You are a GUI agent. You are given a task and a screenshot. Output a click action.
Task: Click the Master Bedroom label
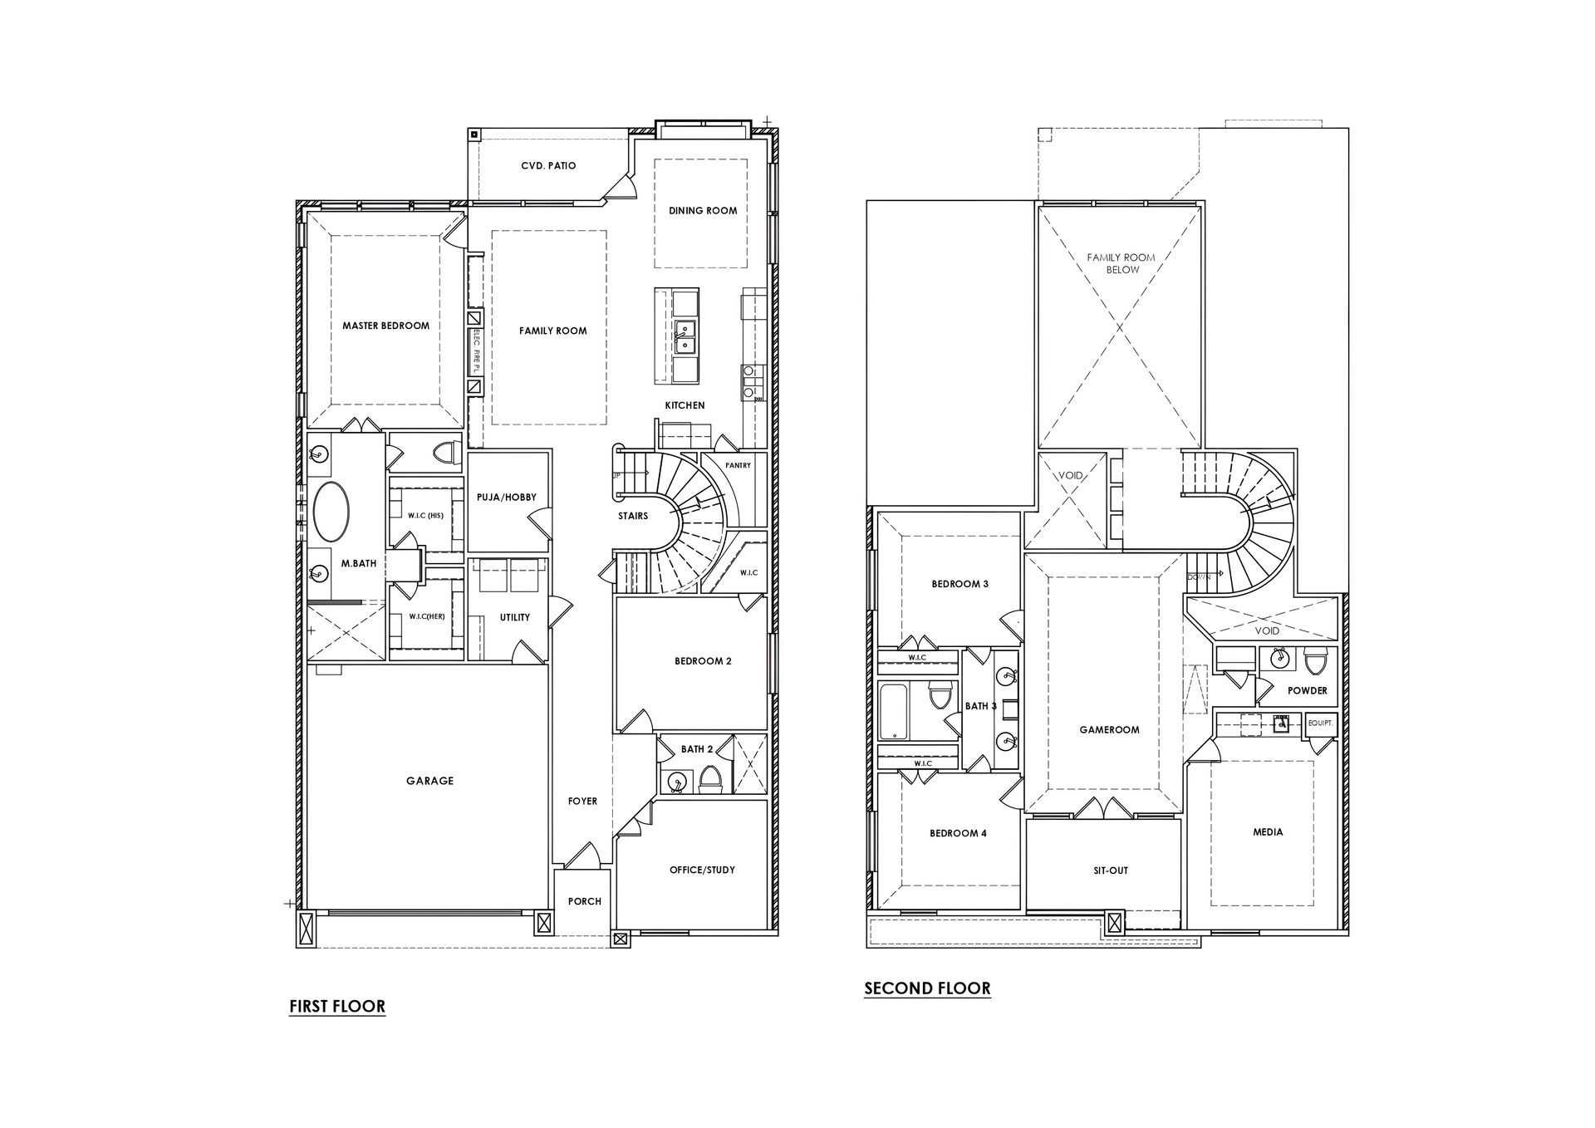[385, 326]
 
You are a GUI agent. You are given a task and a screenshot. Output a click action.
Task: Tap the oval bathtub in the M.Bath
[331, 512]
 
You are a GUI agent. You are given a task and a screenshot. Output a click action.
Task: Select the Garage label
[429, 781]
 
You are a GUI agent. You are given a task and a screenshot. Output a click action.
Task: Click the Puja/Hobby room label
[506, 498]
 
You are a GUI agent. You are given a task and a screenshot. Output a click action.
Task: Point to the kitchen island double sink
[685, 336]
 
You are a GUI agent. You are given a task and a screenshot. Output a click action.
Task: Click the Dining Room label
[703, 211]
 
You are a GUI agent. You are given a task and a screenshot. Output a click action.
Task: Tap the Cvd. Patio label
[548, 166]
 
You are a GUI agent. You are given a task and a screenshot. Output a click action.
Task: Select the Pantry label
[738, 466]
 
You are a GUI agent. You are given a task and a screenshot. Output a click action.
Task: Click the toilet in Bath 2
[710, 779]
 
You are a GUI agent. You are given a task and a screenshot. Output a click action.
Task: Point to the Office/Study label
[702, 871]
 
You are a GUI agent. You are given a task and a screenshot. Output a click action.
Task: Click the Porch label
[584, 901]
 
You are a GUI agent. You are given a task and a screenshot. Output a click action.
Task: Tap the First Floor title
[337, 1007]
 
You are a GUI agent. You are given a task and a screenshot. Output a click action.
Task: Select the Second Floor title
[927, 988]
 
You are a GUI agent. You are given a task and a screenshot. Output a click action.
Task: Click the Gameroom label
[1109, 730]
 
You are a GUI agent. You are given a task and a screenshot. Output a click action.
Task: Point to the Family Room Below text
[1121, 263]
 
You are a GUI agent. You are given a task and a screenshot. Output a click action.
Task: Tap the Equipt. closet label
[1321, 723]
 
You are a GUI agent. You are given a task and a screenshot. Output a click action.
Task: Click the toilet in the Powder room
[1315, 662]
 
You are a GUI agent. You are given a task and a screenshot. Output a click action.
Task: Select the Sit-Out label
[1111, 871]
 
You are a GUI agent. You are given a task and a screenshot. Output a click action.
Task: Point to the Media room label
[1268, 832]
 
